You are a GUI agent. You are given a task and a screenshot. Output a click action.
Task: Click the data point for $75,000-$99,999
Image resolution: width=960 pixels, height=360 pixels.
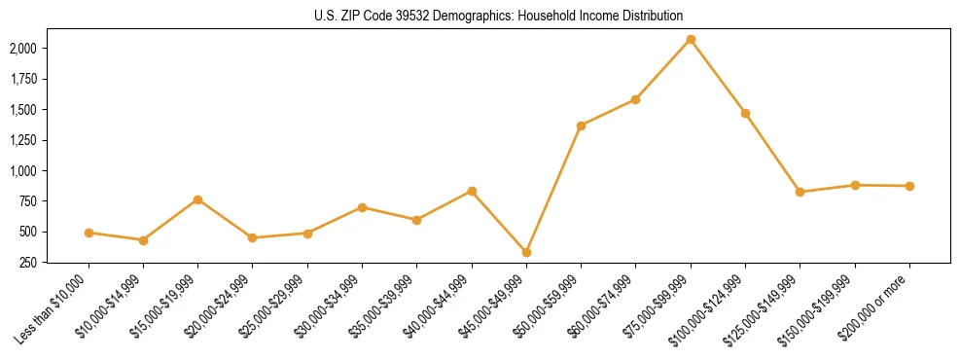coord(691,39)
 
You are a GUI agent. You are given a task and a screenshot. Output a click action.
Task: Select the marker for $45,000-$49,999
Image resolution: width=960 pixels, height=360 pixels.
coord(526,252)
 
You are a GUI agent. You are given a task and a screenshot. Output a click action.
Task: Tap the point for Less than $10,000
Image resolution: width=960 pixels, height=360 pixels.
coord(89,233)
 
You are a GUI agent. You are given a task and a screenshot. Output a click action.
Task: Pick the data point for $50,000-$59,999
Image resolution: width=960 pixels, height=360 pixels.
coord(581,126)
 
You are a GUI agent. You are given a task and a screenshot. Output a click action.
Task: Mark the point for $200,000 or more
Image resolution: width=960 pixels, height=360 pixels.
coord(909,186)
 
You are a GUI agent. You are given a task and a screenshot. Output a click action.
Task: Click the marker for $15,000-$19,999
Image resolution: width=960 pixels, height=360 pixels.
coord(197,199)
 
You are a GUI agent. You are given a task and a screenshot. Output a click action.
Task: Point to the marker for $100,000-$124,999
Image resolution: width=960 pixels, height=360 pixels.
coord(745,113)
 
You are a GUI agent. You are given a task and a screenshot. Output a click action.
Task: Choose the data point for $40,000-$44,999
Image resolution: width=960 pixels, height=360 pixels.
coord(472,191)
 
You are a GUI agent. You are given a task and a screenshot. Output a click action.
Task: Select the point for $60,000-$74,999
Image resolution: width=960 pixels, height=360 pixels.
coord(635,99)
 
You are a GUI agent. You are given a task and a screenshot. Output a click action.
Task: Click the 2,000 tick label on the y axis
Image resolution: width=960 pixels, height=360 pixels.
coord(23,49)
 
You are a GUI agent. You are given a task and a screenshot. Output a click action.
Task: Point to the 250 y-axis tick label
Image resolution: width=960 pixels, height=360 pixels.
coord(28,263)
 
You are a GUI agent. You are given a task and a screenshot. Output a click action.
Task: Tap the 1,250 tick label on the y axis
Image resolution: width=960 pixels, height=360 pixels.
coord(23,140)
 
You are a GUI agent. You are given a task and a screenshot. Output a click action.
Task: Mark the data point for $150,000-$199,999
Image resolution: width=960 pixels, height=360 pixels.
coord(855,185)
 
